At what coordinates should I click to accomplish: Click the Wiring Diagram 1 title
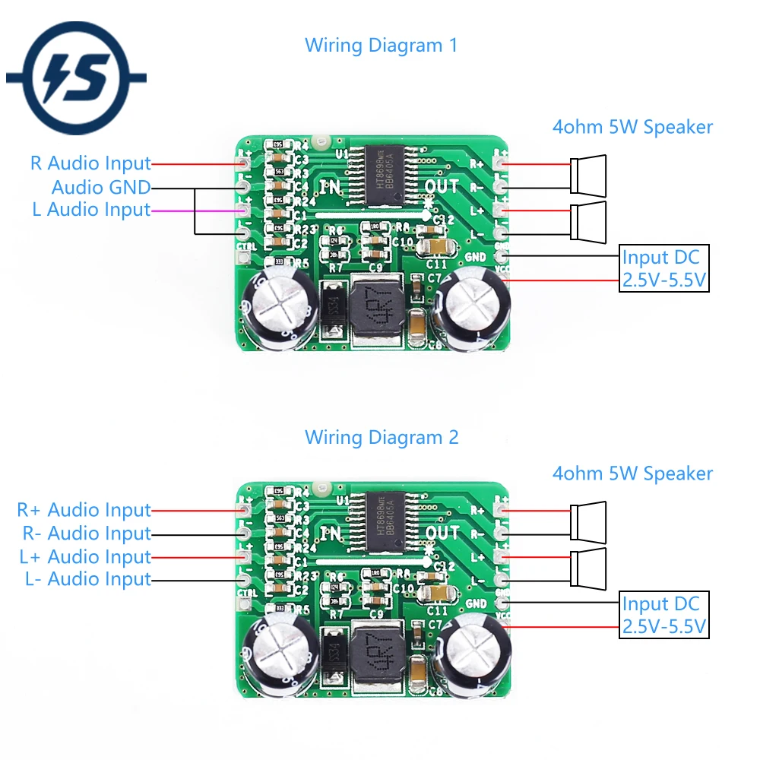tap(381, 45)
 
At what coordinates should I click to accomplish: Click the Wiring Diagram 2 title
tap(381, 437)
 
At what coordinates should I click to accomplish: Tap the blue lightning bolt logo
tap(76, 76)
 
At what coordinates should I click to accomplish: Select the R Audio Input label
tap(90, 163)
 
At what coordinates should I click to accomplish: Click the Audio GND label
tap(100, 187)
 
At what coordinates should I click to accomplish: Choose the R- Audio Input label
tap(84, 534)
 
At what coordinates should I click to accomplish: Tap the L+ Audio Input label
tap(85, 556)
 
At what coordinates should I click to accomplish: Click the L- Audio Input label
tap(87, 579)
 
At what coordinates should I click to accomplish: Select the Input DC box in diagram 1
tap(664, 268)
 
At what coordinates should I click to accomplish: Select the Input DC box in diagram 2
tap(664, 615)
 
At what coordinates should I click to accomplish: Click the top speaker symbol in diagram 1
tap(589, 173)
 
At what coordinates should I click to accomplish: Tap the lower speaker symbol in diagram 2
tap(589, 566)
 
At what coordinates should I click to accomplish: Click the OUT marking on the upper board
tap(442, 186)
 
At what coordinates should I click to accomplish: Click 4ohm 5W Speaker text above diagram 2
tap(632, 473)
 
